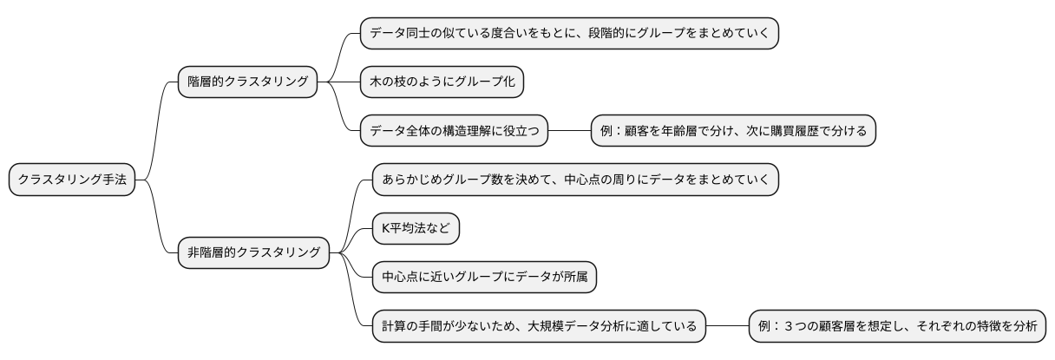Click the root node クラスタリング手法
tap(72, 180)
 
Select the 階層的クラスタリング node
tap(247, 82)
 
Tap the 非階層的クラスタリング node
tap(253, 254)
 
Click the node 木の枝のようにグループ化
tap(442, 82)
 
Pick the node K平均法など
tap(416, 229)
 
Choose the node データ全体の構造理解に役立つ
tap(455, 131)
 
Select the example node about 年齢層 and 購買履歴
tap(734, 131)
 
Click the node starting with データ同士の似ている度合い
tap(569, 33)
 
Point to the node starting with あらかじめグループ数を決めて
tap(575, 180)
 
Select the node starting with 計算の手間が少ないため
tap(539, 327)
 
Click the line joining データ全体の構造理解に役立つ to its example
tap(569, 131)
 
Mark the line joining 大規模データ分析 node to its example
tap(727, 327)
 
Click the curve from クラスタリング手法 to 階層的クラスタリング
tap(157, 130)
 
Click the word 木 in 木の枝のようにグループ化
tap(376, 82)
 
